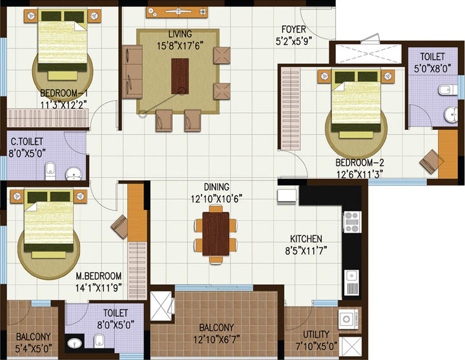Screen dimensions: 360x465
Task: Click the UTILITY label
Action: pyautogui.click(x=310, y=335)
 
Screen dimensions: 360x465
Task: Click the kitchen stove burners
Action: pyautogui.click(x=353, y=222)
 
